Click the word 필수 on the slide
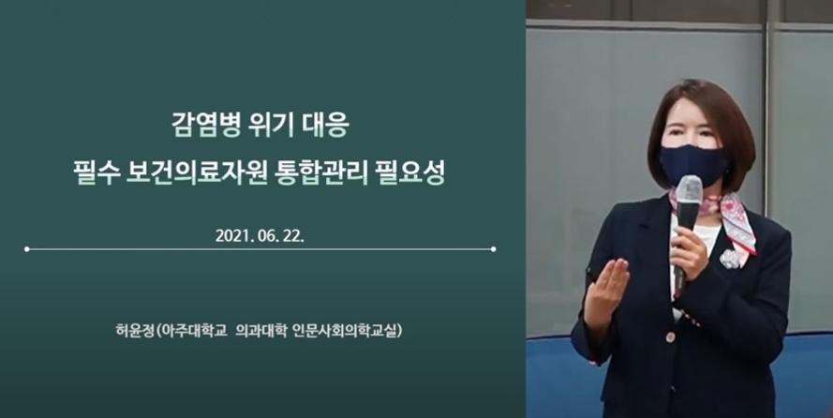tap(95, 173)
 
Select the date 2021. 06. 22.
tap(260, 236)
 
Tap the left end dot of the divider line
tap(26, 249)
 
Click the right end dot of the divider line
tap(494, 249)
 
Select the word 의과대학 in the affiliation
tap(260, 331)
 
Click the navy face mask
tap(693, 165)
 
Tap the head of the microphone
tap(689, 189)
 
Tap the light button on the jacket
tap(671, 336)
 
